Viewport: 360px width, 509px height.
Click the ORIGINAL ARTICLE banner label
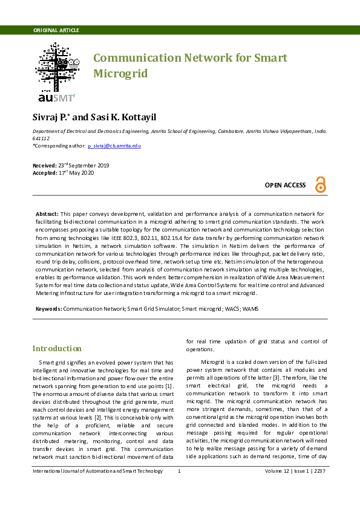[x=56, y=30]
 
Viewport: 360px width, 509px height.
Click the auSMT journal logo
[x=56, y=72]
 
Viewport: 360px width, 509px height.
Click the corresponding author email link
[x=114, y=146]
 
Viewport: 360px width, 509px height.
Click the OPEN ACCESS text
[x=286, y=185]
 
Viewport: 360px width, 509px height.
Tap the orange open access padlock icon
[x=320, y=185]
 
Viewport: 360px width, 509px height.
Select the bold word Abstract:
[x=47, y=215]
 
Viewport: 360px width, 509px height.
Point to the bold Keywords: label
[x=48, y=308]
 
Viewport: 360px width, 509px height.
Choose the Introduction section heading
[x=57, y=349]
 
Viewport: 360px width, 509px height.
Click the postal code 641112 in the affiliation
[x=41, y=138]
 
